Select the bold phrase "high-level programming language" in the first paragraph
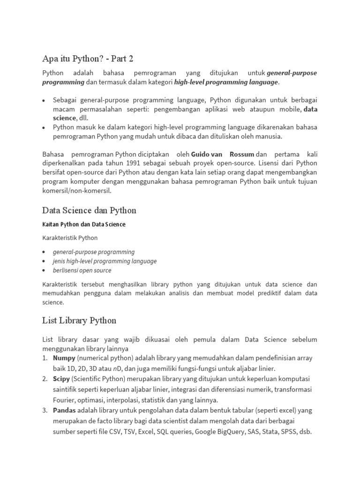(x=226, y=82)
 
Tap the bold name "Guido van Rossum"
(x=223, y=154)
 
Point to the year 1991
(x=134, y=163)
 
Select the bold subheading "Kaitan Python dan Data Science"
(x=84, y=225)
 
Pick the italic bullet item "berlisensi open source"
(x=82, y=270)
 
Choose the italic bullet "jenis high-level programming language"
(x=105, y=261)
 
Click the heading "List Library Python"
(x=79, y=321)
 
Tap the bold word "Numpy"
(x=64, y=358)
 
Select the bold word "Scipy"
(x=61, y=379)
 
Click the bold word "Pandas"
(x=64, y=411)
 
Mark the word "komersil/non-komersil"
(x=77, y=191)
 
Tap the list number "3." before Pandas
(x=45, y=411)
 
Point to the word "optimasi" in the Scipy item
(x=93, y=400)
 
